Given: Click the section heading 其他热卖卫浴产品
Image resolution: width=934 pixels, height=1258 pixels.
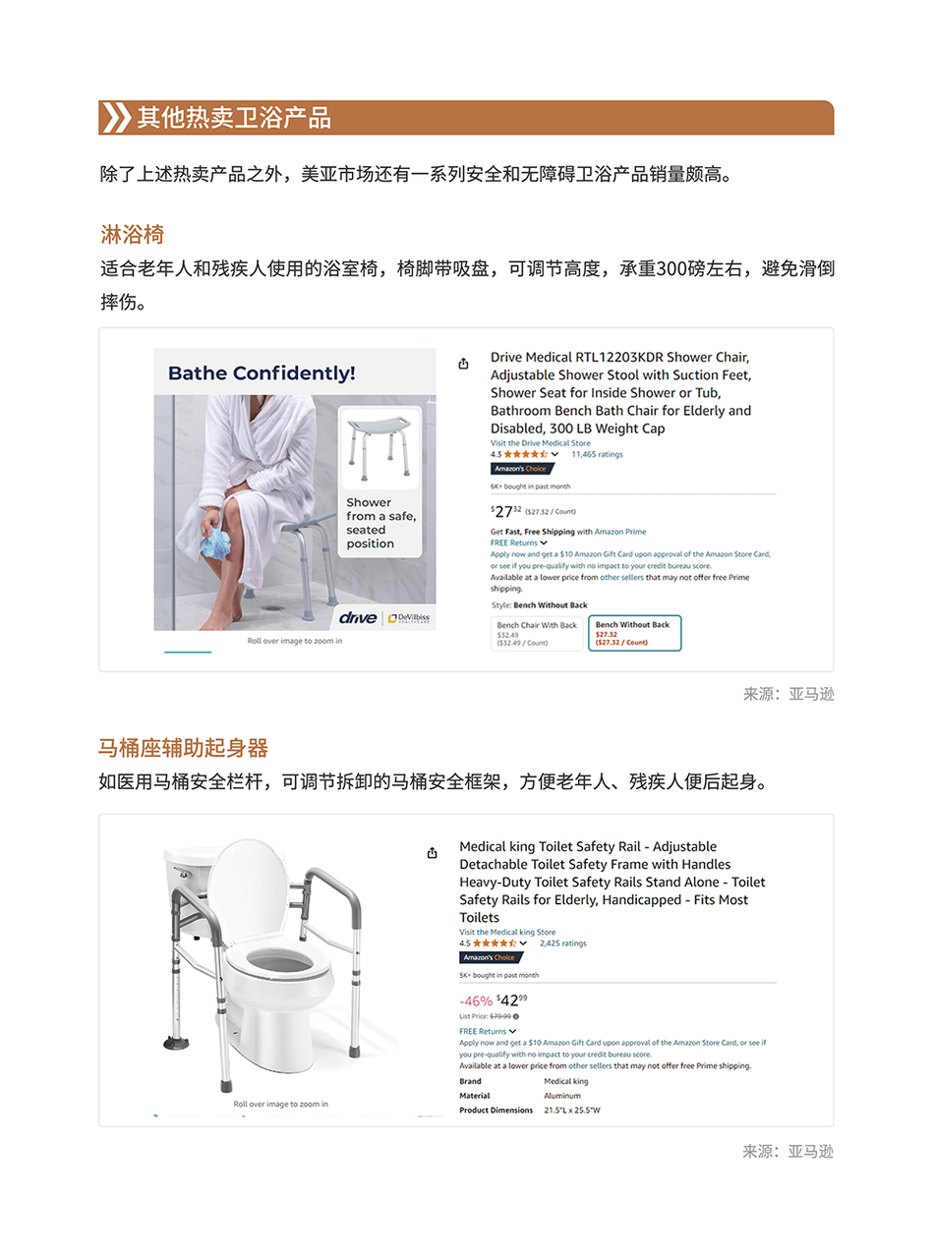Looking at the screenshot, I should (234, 118).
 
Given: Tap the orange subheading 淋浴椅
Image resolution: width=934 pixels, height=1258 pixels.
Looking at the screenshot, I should (132, 235).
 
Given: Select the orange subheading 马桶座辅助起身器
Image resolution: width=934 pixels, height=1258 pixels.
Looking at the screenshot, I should (183, 748).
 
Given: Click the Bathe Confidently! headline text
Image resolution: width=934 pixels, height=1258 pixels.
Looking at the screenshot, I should (262, 373).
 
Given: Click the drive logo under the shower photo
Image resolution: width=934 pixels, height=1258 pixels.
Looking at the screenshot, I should (357, 617).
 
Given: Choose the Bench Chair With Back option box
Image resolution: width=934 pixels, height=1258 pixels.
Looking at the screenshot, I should (537, 633).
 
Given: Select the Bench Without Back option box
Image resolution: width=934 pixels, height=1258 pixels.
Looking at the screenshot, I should (633, 633).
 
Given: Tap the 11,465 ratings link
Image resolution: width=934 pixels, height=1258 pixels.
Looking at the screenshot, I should (597, 454).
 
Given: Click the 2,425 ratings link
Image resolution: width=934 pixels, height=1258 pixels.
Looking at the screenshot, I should (563, 943).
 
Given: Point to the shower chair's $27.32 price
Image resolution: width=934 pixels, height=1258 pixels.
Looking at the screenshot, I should (506, 511).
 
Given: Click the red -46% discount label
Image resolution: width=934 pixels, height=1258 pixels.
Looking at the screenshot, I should (476, 1001).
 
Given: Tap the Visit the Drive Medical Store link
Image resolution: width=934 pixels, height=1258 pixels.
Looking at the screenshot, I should (541, 443).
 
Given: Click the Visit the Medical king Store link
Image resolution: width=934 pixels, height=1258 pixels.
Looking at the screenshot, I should (507, 932).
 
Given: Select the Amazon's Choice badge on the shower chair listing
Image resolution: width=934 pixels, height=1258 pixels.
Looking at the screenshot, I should (520, 469).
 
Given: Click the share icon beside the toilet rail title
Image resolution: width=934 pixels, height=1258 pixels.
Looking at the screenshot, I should (432, 853).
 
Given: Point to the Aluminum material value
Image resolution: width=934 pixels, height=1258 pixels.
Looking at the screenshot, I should (562, 1096).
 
